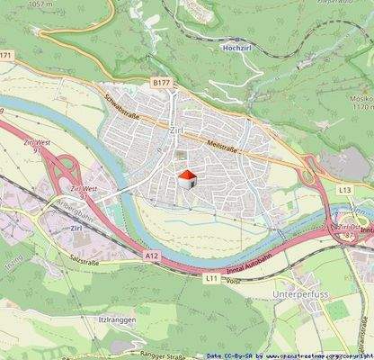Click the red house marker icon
(186, 177)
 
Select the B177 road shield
(160, 83)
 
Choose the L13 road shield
(345, 190)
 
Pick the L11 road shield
(211, 278)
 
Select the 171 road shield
(7, 56)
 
